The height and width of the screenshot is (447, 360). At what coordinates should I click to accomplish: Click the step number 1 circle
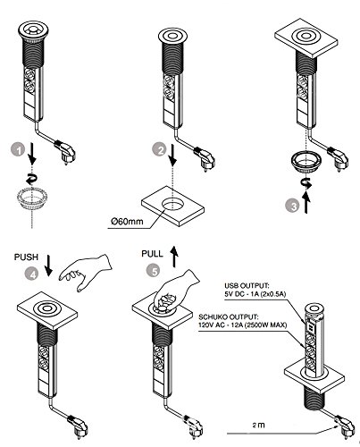tap(19, 150)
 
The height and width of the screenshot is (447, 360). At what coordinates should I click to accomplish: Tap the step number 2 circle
tap(160, 150)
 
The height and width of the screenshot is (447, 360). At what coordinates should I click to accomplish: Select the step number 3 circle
tap(294, 207)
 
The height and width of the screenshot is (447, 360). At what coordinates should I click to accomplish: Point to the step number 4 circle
tap(32, 274)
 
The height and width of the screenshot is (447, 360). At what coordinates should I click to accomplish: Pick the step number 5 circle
tap(154, 271)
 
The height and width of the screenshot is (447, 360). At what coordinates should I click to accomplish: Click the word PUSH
tap(27, 257)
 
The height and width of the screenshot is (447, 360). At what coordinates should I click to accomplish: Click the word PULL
tap(152, 254)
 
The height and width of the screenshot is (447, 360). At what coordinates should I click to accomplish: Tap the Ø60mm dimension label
tap(127, 222)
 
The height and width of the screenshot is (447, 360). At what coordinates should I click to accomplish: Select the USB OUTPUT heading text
tap(247, 286)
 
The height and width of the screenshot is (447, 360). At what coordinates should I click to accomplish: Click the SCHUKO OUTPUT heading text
tap(229, 316)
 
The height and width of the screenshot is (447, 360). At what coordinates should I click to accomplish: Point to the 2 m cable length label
tap(259, 425)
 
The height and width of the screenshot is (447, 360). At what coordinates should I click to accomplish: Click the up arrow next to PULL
tap(175, 257)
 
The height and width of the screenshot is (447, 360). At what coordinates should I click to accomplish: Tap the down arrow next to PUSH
tap(48, 265)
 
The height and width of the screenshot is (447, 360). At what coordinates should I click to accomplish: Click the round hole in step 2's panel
tap(173, 206)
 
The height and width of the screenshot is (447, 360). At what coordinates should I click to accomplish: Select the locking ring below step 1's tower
tap(32, 198)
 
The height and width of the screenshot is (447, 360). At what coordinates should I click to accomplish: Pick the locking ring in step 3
tap(306, 162)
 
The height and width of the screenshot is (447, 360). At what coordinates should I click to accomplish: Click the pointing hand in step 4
tap(85, 272)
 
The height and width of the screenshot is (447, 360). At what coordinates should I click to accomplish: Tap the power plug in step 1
tap(65, 152)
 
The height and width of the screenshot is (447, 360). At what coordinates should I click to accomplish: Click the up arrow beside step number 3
tap(306, 203)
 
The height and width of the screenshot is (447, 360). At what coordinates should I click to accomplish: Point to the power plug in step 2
tap(205, 159)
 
